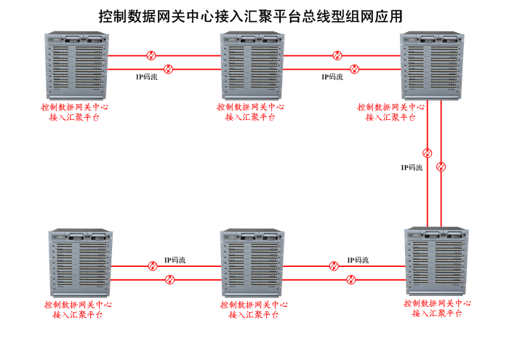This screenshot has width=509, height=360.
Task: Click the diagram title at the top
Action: click(250, 16)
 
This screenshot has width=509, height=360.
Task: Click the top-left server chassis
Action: click(76, 65)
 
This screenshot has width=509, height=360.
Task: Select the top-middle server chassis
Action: click(251, 65)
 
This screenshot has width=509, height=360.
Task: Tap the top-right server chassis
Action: click(430, 65)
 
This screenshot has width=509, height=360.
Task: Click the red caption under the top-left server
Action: click(75, 111)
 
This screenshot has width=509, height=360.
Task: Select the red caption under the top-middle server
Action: click(250, 111)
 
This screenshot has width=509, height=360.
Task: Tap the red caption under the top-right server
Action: click(390, 111)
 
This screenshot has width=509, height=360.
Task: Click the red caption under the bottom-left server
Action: click(78, 310)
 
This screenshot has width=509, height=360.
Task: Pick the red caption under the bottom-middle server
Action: click(253, 310)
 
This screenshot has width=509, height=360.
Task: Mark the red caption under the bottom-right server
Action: click(437, 308)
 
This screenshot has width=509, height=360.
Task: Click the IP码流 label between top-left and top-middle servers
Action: click(147, 76)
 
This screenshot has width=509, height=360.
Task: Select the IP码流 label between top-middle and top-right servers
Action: click(332, 76)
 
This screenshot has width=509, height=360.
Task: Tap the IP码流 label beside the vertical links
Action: click(412, 167)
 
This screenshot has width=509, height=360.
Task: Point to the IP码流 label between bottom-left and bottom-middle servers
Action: click(175, 260)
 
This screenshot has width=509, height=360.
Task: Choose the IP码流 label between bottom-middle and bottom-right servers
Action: click(358, 260)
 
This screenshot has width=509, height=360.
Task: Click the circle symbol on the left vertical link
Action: click(428, 153)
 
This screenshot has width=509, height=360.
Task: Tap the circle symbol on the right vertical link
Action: click(441, 167)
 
